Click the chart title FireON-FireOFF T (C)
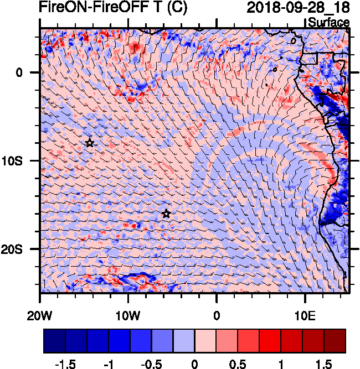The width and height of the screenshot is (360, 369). coord(113,8)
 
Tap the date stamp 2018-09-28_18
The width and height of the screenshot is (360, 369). coord(297,8)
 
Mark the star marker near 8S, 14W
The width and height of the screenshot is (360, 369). coord(90,143)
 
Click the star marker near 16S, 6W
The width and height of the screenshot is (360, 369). coord(166,214)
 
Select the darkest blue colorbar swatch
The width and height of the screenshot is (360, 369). coord(54,341)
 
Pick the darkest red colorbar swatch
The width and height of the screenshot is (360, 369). coord(335,341)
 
